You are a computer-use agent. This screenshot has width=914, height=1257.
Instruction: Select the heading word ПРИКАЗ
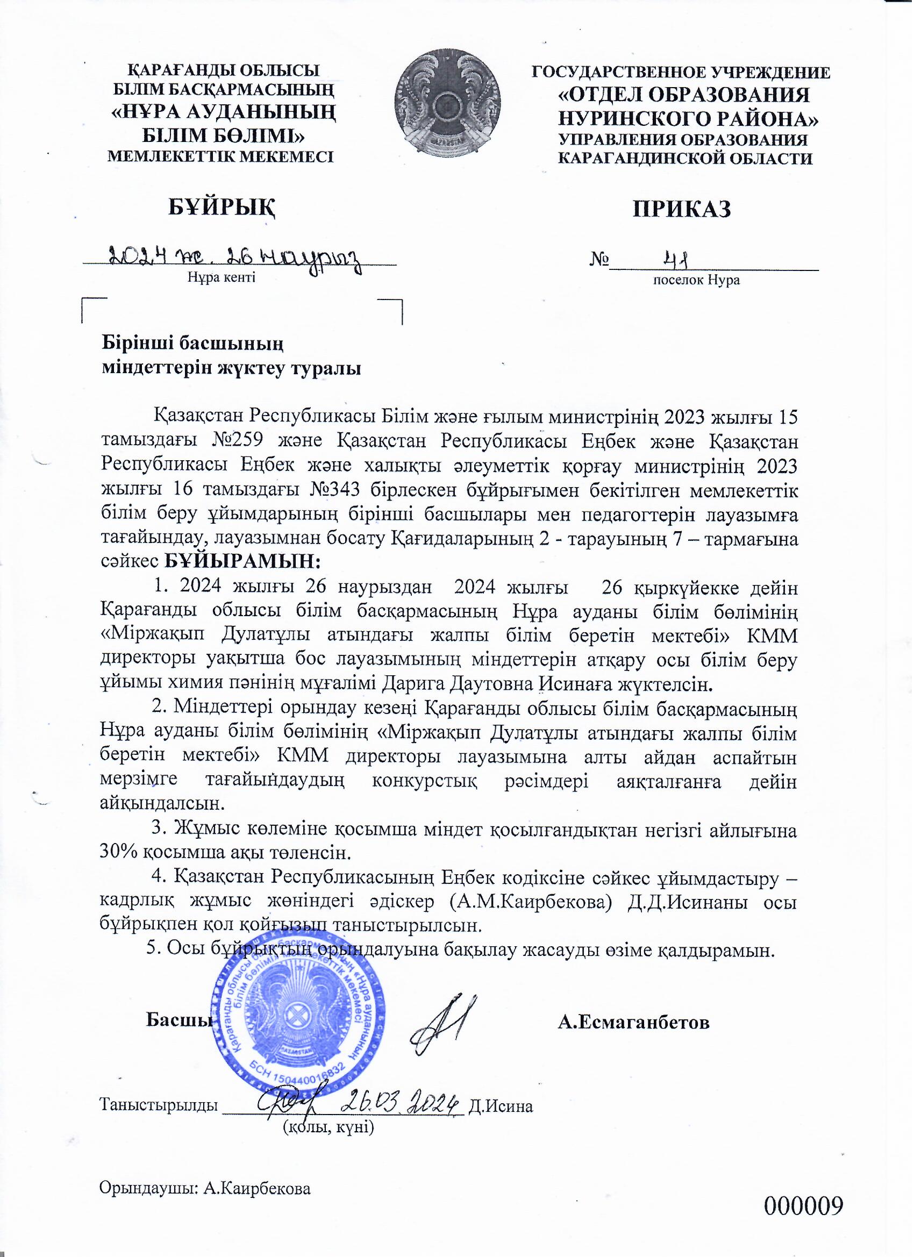[x=682, y=210]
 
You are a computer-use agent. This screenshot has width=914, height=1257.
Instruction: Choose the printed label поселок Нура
[x=697, y=280]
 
